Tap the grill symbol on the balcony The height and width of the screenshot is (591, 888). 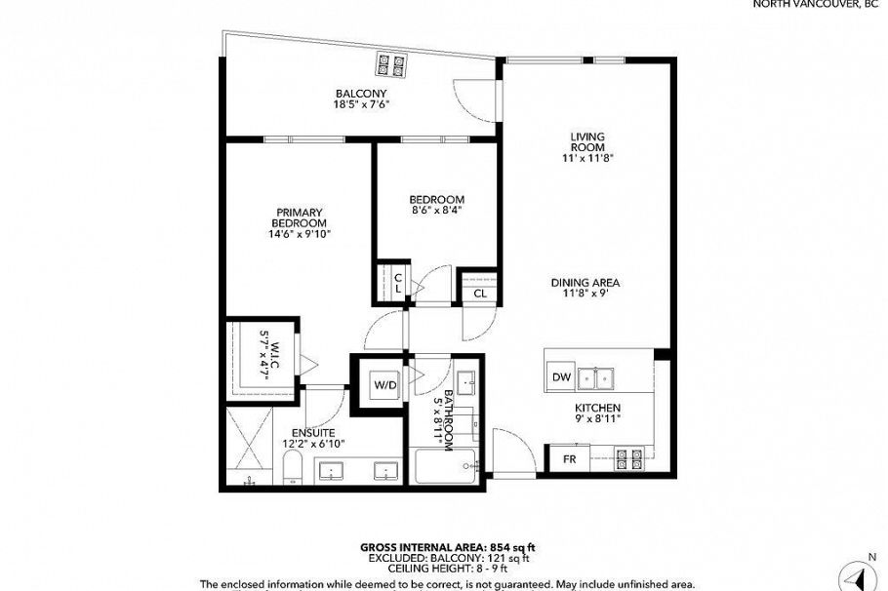pyautogui.click(x=391, y=64)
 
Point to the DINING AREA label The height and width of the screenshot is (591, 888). pyautogui.click(x=585, y=284)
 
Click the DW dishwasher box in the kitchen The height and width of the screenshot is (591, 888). pyautogui.click(x=561, y=376)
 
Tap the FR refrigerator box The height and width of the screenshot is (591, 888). pyautogui.click(x=569, y=458)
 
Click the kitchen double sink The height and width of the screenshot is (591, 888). pyautogui.click(x=597, y=376)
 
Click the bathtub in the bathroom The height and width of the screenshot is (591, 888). pyautogui.click(x=446, y=467)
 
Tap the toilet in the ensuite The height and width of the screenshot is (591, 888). pyautogui.click(x=291, y=473)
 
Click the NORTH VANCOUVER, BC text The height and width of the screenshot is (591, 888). pyautogui.click(x=819, y=4)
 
